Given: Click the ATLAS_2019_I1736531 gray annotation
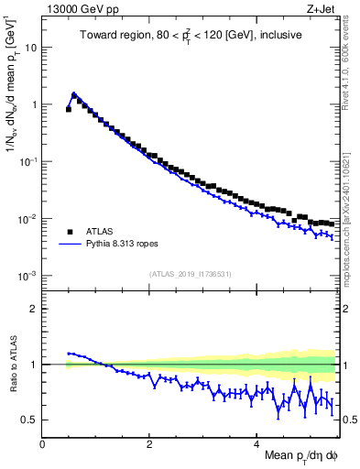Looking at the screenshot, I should coord(189,273).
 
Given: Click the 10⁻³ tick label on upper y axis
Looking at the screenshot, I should coord(29,276).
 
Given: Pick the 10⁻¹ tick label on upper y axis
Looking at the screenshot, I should coord(29,161).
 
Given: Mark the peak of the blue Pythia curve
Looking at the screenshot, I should coord(74,93).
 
